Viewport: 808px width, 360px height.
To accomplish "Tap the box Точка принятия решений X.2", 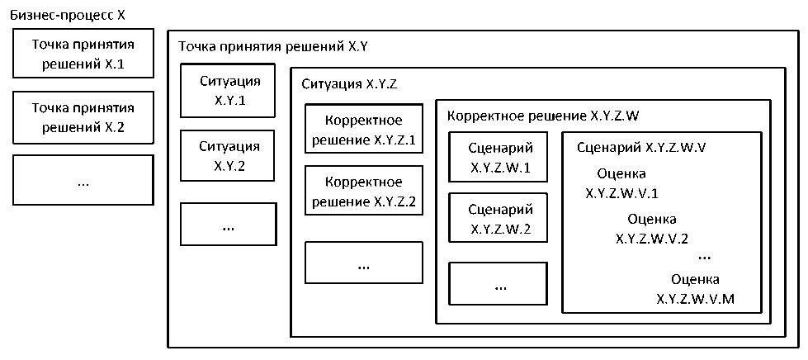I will point(83,117).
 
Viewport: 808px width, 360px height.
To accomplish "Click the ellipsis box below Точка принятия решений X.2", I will point(83,180).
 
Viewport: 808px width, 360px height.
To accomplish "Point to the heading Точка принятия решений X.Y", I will point(267,49).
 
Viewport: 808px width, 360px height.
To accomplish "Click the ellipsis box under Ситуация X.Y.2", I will point(229,224).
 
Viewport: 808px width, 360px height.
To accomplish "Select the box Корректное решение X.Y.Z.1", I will point(364,129).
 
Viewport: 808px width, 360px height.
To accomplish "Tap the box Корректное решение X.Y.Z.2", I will point(364,192).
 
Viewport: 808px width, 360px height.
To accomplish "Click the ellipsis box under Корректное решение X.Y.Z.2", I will point(364,263).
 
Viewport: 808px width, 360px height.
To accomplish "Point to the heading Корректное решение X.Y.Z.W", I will point(543,116).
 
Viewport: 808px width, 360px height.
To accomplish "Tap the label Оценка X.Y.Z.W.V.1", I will point(621,184).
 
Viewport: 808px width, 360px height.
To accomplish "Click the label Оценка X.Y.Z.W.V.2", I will point(652,229).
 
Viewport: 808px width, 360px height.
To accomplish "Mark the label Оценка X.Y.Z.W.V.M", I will point(695,289).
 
